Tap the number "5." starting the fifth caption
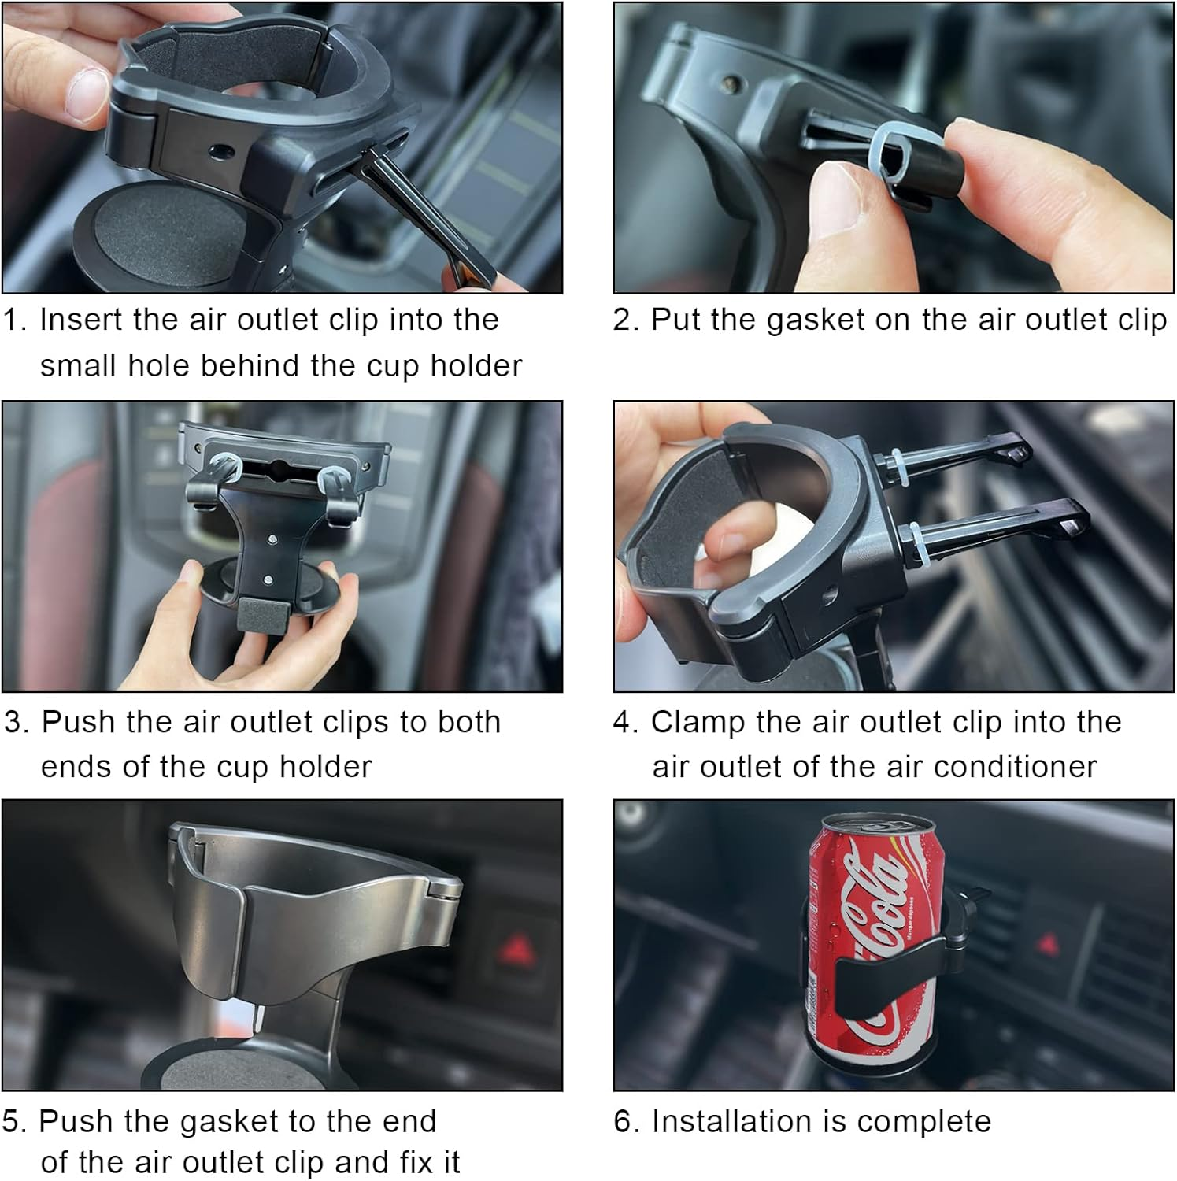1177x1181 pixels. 16,1122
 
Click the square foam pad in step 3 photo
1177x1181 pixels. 265,615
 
